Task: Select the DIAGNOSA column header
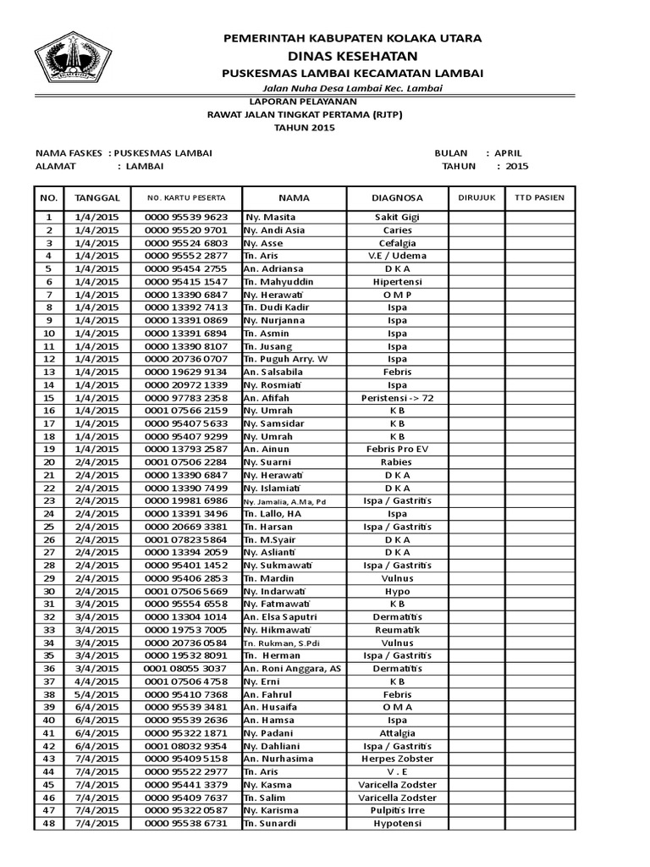coord(397,197)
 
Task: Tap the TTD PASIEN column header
coord(539,197)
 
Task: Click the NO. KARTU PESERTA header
coord(185,197)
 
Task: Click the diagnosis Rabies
coord(397,462)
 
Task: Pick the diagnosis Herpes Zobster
coord(397,759)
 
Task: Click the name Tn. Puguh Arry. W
coord(285,359)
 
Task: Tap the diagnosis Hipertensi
coord(397,281)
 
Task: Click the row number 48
coord(48,823)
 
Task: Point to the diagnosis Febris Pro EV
coord(397,449)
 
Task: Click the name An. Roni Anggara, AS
coord(292,668)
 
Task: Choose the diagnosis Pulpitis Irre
coord(397,810)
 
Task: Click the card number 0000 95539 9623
coord(185,217)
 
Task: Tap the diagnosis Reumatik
coord(397,630)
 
